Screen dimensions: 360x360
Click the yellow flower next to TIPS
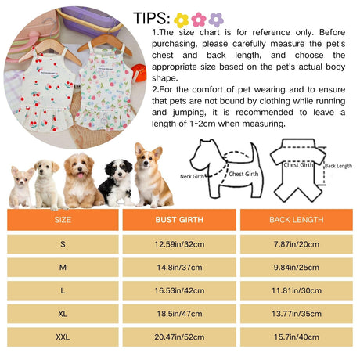coord(182,20)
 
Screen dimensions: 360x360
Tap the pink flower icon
coord(199,20)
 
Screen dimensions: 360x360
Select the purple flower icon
coord(216,20)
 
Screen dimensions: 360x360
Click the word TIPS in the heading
coord(152,18)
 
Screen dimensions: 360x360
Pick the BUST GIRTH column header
coord(179,220)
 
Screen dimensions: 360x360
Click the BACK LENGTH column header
coord(297,220)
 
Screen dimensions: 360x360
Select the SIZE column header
coord(63,220)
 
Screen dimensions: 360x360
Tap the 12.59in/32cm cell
coord(179,244)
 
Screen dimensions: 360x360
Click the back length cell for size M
coord(297,268)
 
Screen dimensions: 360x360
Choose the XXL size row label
coord(63,337)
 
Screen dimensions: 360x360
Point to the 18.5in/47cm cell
coord(179,314)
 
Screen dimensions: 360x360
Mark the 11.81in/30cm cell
coord(297,290)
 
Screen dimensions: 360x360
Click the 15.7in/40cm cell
coord(297,337)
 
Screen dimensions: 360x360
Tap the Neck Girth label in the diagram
coord(192,177)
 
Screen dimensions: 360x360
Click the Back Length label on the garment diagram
coord(338,166)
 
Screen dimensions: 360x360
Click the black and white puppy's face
coord(119,171)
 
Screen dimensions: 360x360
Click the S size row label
coord(63,244)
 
